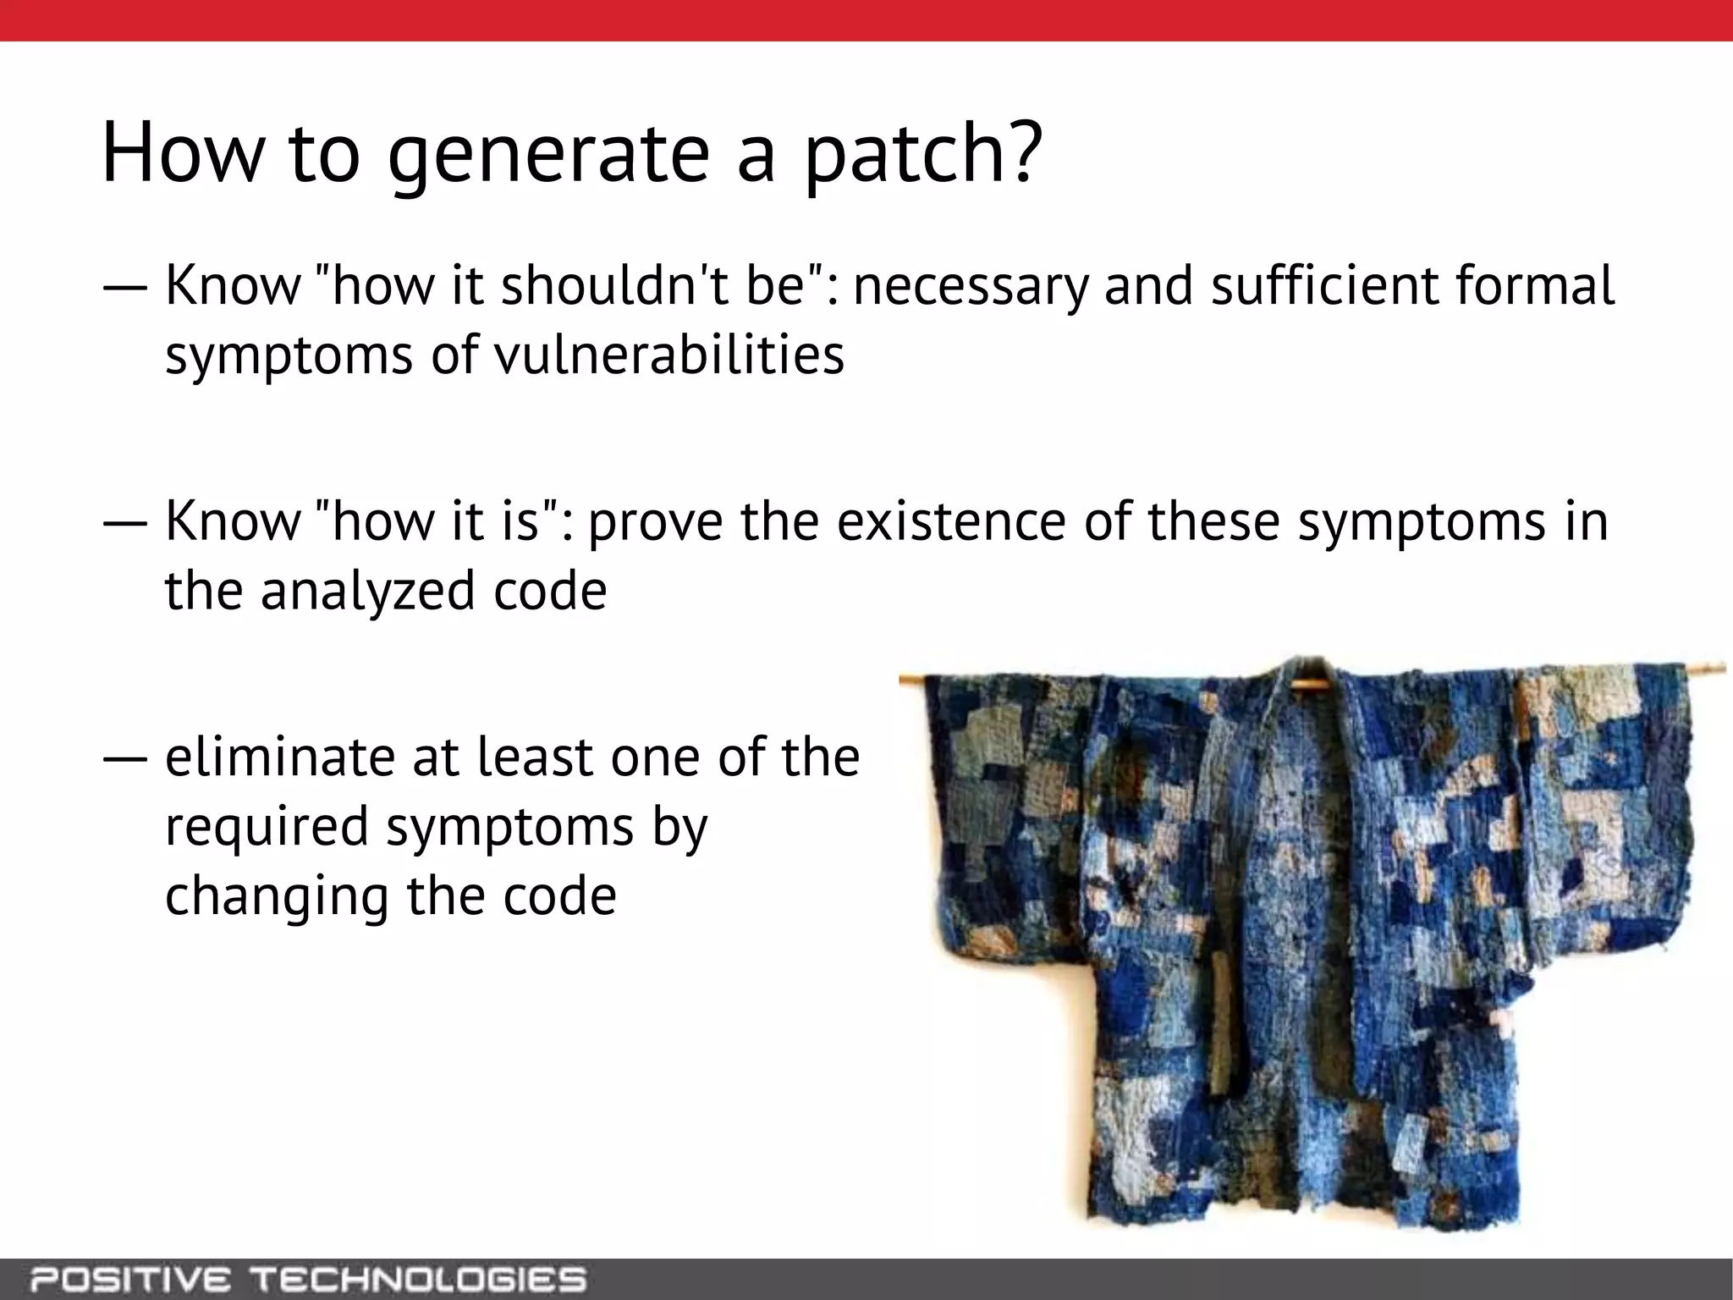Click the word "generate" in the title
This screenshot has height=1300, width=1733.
click(547, 154)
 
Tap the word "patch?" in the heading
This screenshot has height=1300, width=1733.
click(918, 154)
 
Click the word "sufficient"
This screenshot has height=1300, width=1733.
click(1325, 285)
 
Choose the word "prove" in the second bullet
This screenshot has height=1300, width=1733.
click(655, 521)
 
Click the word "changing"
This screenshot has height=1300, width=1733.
click(276, 896)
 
